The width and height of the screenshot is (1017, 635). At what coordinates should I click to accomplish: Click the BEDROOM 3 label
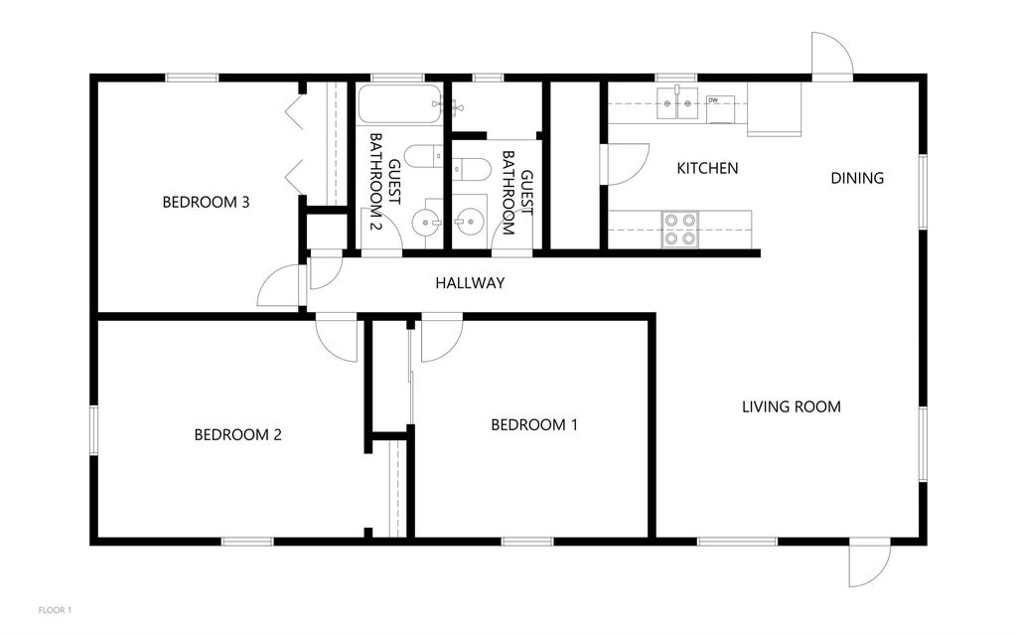click(205, 203)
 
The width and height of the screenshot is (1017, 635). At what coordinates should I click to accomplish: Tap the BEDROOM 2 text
click(237, 434)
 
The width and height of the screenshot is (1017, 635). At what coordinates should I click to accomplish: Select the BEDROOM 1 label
click(534, 425)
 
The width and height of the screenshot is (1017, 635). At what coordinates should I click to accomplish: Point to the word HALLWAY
click(470, 283)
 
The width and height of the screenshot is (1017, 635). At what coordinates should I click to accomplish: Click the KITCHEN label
click(707, 168)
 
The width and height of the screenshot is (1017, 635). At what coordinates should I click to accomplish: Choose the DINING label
click(857, 179)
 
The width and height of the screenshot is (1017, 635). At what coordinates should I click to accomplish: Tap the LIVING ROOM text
click(792, 406)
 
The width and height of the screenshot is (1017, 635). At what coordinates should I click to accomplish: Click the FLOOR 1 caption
click(55, 609)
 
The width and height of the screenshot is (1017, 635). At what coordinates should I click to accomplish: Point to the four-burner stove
click(680, 229)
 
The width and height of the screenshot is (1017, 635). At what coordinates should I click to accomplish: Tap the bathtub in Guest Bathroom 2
click(399, 104)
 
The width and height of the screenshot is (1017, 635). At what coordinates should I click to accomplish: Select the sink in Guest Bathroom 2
click(430, 222)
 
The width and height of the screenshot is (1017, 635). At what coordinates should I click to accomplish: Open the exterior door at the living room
click(867, 563)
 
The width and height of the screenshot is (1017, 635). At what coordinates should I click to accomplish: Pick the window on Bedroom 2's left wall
click(94, 431)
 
